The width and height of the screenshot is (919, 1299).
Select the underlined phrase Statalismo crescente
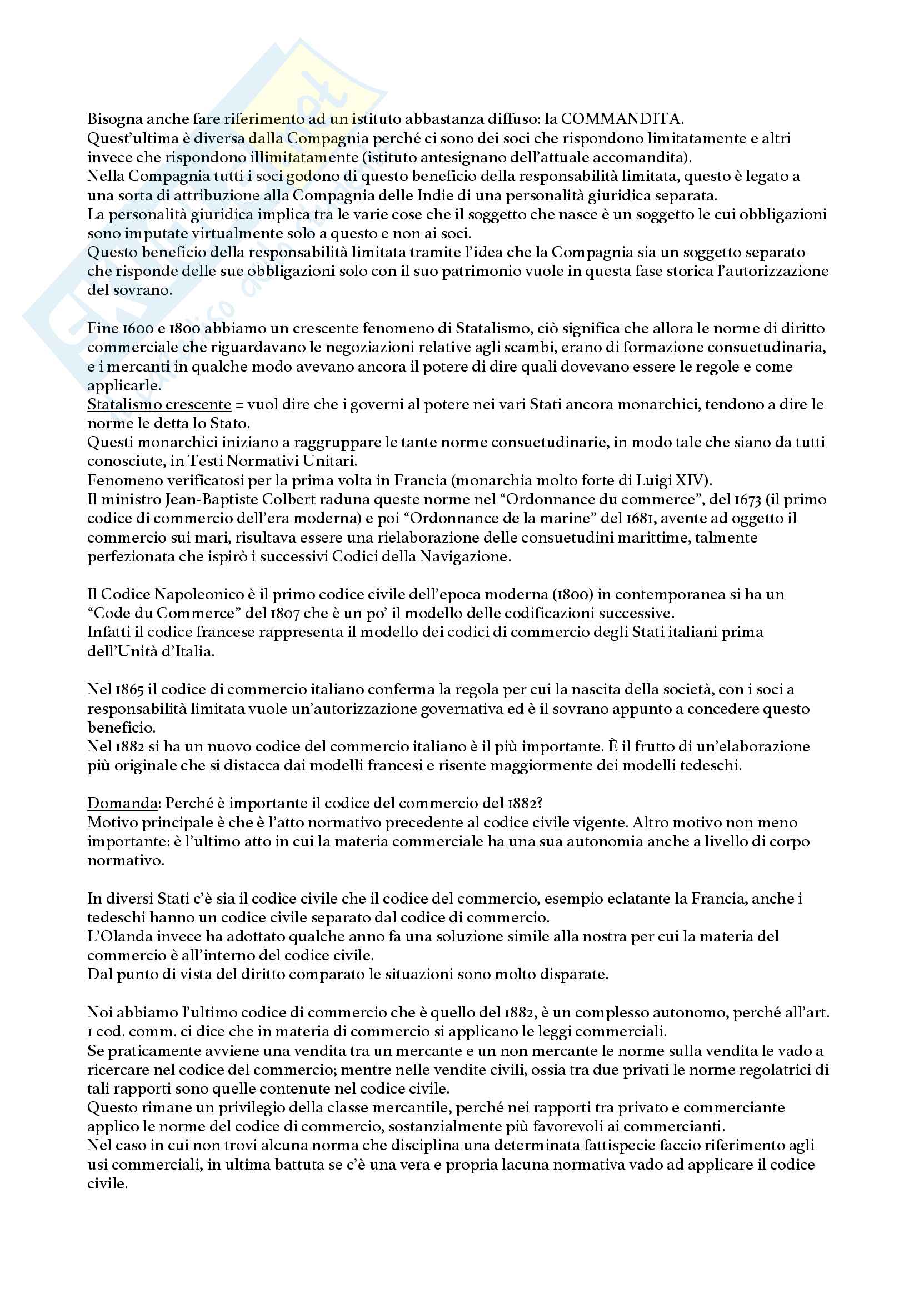tap(159, 404)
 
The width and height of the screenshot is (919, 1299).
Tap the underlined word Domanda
tap(122, 804)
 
